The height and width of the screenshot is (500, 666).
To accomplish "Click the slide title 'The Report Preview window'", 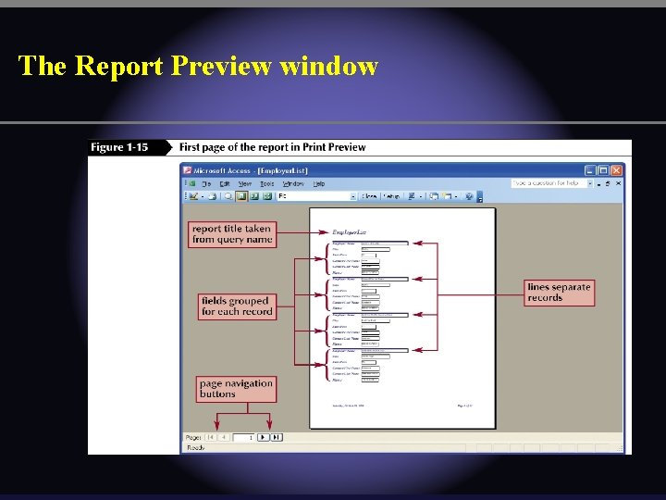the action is (x=198, y=67).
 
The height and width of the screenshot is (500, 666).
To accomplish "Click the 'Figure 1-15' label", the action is (x=118, y=147).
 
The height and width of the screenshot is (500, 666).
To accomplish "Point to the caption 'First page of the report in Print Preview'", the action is (x=272, y=147).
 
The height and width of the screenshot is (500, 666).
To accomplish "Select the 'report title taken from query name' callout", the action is (x=232, y=233).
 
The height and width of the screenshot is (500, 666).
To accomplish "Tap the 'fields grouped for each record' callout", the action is (x=237, y=306).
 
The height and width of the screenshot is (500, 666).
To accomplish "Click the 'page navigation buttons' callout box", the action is (x=236, y=388).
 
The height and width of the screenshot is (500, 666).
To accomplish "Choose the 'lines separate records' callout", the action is (x=559, y=293).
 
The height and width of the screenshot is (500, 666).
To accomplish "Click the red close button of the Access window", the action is (x=617, y=170).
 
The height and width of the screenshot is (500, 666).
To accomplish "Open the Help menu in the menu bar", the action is (x=319, y=183).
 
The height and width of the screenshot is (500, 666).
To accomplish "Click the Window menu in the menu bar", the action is (x=293, y=183).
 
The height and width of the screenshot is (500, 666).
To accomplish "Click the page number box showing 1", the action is (x=244, y=437).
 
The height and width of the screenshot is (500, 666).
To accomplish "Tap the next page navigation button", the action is (x=263, y=437).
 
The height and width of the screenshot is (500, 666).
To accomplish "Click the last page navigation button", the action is (x=276, y=437).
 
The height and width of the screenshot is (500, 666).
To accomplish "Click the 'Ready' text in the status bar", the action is (x=196, y=448).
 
